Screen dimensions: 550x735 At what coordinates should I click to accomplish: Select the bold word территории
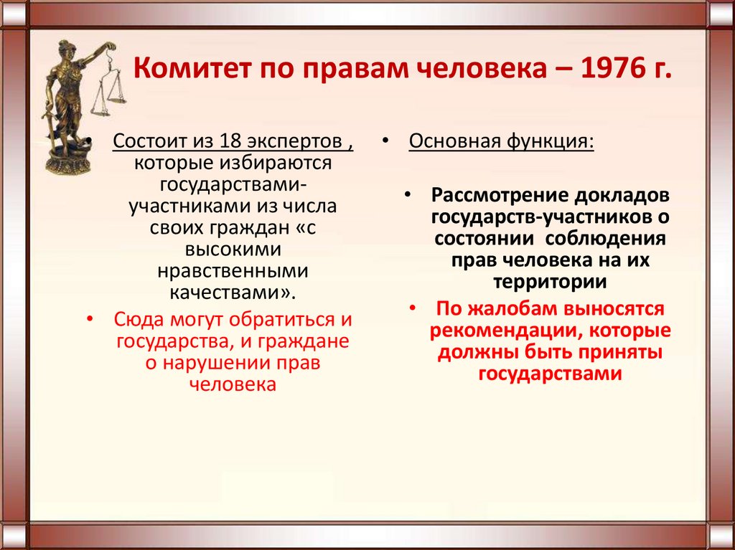pyautogui.click(x=550, y=282)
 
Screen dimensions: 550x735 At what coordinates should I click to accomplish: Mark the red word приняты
pyautogui.click(x=615, y=352)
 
